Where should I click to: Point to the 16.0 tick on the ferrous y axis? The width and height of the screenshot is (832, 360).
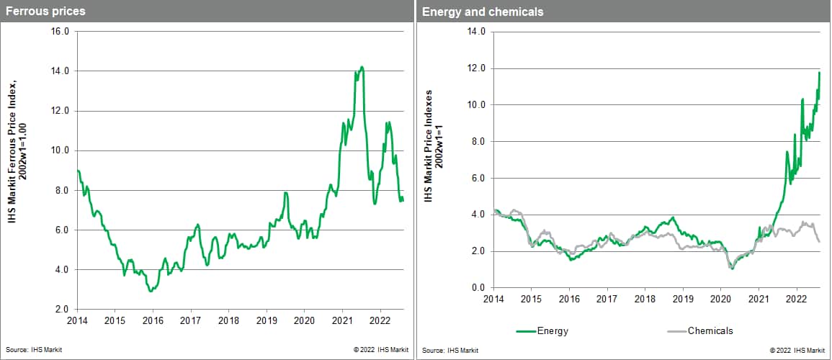[59, 32]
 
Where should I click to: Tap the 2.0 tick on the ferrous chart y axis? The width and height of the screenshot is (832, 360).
[61, 310]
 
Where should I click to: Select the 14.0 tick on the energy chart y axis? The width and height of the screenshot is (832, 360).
[476, 32]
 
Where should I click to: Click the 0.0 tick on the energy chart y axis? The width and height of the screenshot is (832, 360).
[479, 288]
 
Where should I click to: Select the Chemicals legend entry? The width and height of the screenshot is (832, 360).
[710, 330]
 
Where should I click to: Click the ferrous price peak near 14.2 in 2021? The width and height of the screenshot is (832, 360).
[362, 67]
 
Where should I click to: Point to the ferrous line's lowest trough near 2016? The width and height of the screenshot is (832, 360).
[150, 291]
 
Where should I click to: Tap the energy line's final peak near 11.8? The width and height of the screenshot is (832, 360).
[820, 72]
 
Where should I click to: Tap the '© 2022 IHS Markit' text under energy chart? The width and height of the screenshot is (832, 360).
[797, 350]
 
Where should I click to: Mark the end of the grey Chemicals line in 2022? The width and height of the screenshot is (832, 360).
[820, 241]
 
